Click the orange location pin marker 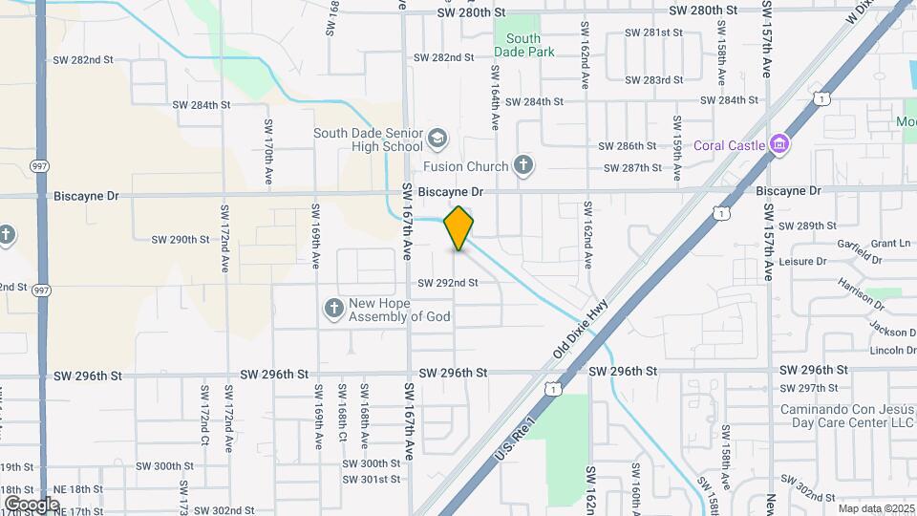pos(458,227)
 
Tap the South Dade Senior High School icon pos(437,139)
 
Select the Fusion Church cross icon pos(522,166)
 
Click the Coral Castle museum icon pos(779,144)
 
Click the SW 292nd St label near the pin pos(447,283)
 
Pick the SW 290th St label pos(180,239)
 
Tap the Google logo pos(32,504)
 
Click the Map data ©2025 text pos(875,508)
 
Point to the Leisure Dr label pos(802,261)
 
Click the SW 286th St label pos(627,146)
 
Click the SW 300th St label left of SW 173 pos(164,466)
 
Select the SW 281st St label pos(654,32)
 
